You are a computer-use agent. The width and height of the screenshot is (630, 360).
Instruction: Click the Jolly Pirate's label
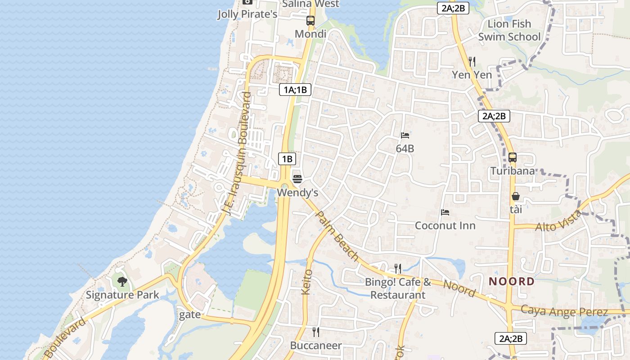click(247, 14)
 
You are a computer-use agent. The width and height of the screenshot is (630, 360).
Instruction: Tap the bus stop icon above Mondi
click(310, 21)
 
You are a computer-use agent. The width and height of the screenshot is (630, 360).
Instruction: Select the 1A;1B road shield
click(295, 90)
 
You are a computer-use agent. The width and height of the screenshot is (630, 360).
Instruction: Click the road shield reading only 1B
click(287, 158)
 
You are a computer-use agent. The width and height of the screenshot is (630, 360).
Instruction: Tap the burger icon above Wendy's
click(297, 179)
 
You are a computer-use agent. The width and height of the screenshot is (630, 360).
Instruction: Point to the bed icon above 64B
click(405, 135)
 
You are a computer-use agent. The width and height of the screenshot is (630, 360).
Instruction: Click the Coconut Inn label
click(445, 225)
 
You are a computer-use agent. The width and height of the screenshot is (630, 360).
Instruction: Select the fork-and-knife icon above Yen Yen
click(472, 61)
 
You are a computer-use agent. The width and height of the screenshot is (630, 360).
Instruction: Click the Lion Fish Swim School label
click(509, 30)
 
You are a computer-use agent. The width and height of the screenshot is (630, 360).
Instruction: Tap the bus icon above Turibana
click(513, 157)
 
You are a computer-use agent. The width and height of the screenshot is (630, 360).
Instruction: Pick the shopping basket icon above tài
click(516, 197)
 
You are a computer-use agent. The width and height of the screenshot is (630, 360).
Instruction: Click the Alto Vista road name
click(558, 221)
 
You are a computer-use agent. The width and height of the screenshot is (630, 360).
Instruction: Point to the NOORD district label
click(512, 282)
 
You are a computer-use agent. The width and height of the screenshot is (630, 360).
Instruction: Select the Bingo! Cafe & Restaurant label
click(398, 289)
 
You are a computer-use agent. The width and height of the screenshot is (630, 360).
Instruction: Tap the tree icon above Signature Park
click(122, 282)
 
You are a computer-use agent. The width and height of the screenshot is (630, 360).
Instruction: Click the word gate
click(190, 315)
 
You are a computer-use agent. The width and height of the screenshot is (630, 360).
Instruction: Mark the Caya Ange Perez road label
click(564, 311)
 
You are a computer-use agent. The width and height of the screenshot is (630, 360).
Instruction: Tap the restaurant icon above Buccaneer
click(316, 332)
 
